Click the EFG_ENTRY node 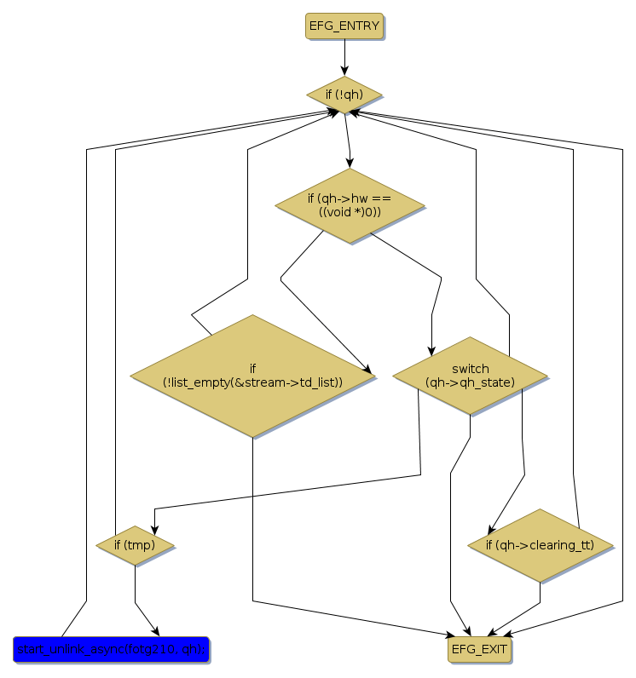[x=344, y=26]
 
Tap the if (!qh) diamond [x=344, y=94]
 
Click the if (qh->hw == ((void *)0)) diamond [x=350, y=205]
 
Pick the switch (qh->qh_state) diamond [x=470, y=376]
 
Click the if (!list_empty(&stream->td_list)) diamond [x=252, y=376]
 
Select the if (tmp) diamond [x=135, y=545]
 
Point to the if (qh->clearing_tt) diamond [x=540, y=545]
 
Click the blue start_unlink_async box [x=111, y=650]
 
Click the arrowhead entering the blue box [x=155, y=629]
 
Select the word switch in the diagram [x=470, y=369]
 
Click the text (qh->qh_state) [x=470, y=382]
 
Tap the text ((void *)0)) [x=350, y=212]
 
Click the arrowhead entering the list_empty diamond [x=369, y=371]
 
